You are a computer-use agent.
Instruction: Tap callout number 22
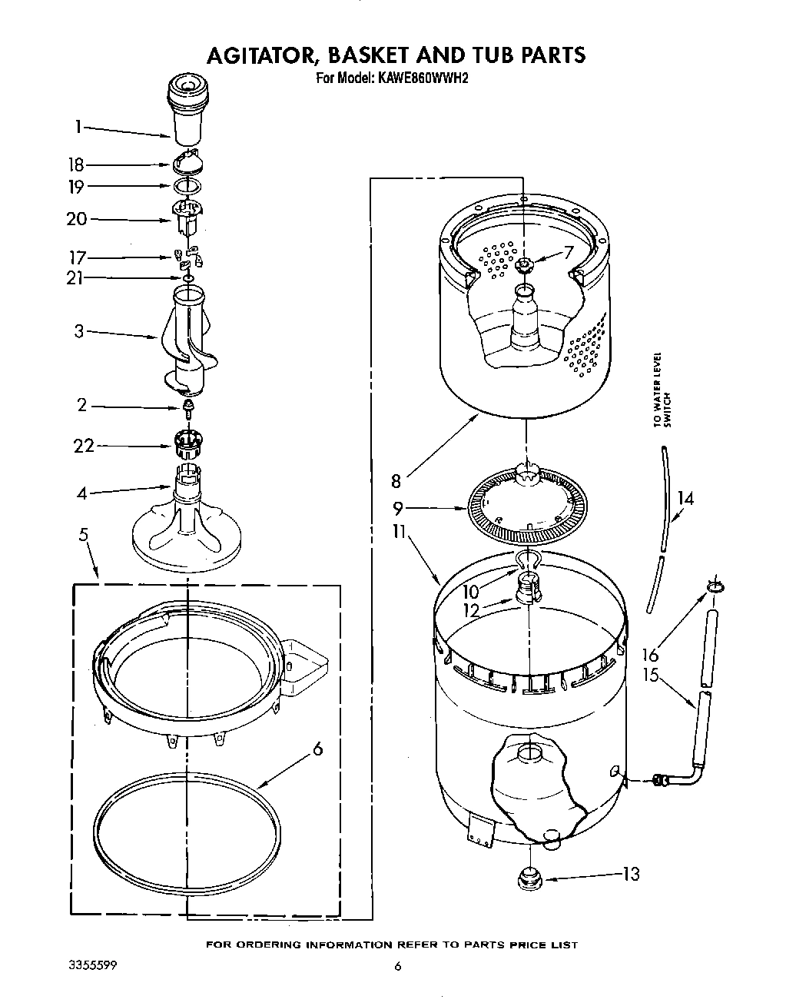[84, 446]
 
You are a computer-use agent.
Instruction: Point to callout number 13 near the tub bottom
[630, 874]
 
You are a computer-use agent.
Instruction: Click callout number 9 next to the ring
[398, 508]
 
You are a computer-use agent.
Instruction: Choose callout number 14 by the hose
[685, 499]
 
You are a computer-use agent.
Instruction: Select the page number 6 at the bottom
[397, 967]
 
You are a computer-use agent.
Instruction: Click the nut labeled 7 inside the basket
[526, 266]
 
